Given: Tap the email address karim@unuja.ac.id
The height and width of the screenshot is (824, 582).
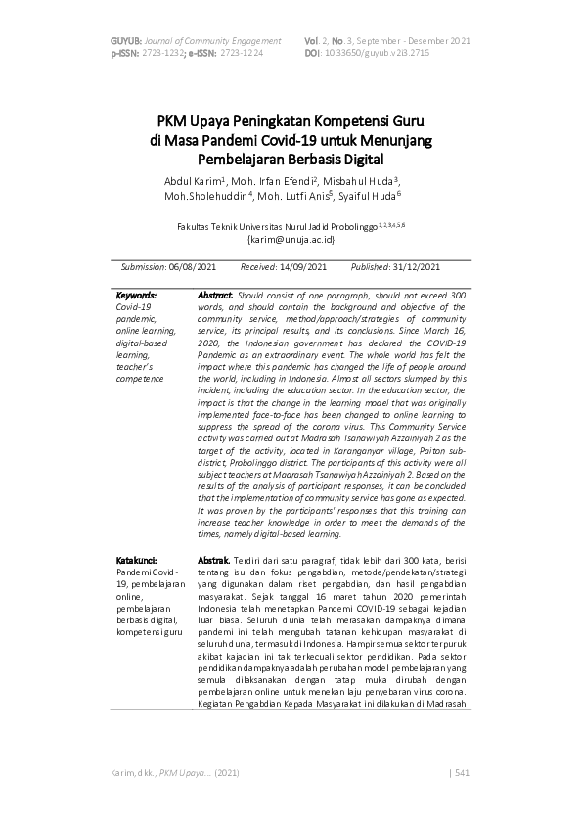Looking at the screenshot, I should coord(291,238).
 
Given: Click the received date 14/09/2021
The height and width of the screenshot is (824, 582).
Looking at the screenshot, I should coord(302,266).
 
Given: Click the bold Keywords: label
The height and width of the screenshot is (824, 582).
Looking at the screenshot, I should coord(136,295).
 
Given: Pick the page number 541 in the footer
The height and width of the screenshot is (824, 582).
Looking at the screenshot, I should coord(463,773).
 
